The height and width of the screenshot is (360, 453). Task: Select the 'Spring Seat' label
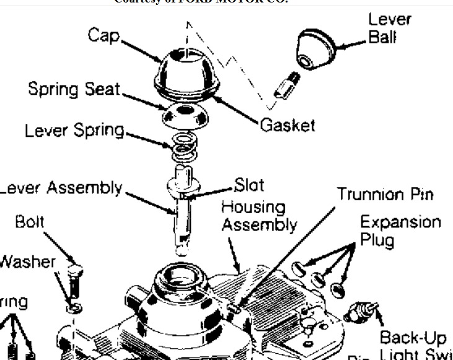pos(74,89)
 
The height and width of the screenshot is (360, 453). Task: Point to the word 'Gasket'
pos(287,125)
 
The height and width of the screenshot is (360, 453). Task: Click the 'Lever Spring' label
pos(74,131)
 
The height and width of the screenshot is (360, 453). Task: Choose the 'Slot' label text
pos(249,185)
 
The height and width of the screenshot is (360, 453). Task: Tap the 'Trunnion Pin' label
pos(385,194)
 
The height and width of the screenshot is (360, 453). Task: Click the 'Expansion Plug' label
pos(401,230)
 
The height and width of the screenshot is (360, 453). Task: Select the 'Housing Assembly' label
pos(259,215)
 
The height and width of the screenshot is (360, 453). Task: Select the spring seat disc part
pos(183,115)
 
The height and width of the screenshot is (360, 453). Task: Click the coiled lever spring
pos(183,147)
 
